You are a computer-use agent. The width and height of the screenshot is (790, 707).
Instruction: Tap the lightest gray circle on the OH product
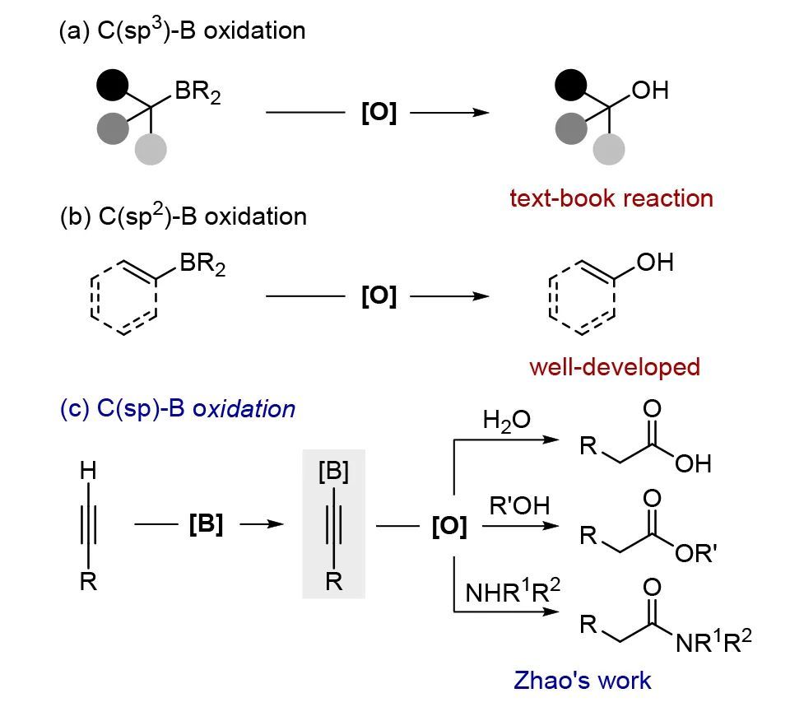[609, 149]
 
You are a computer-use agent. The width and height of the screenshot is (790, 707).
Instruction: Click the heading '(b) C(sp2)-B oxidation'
[183, 216]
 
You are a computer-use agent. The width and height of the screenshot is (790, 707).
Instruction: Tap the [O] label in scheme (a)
[379, 114]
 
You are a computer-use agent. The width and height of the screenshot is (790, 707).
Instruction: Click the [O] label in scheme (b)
[379, 296]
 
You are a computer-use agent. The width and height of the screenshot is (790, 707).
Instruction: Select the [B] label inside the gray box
[333, 472]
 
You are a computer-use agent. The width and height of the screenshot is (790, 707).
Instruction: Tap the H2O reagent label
[506, 421]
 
